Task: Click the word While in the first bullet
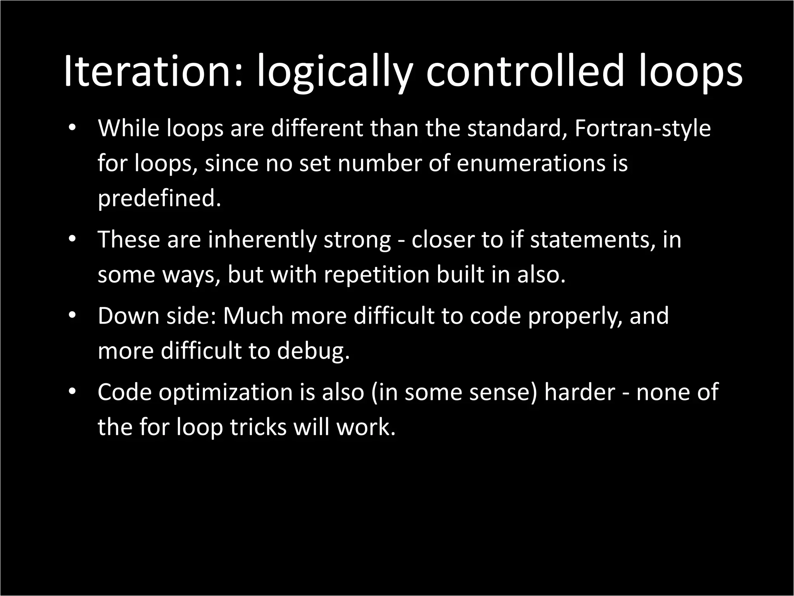coord(129,128)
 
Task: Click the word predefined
coord(159,199)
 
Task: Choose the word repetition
coord(376,275)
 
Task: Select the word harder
coord(580,392)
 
